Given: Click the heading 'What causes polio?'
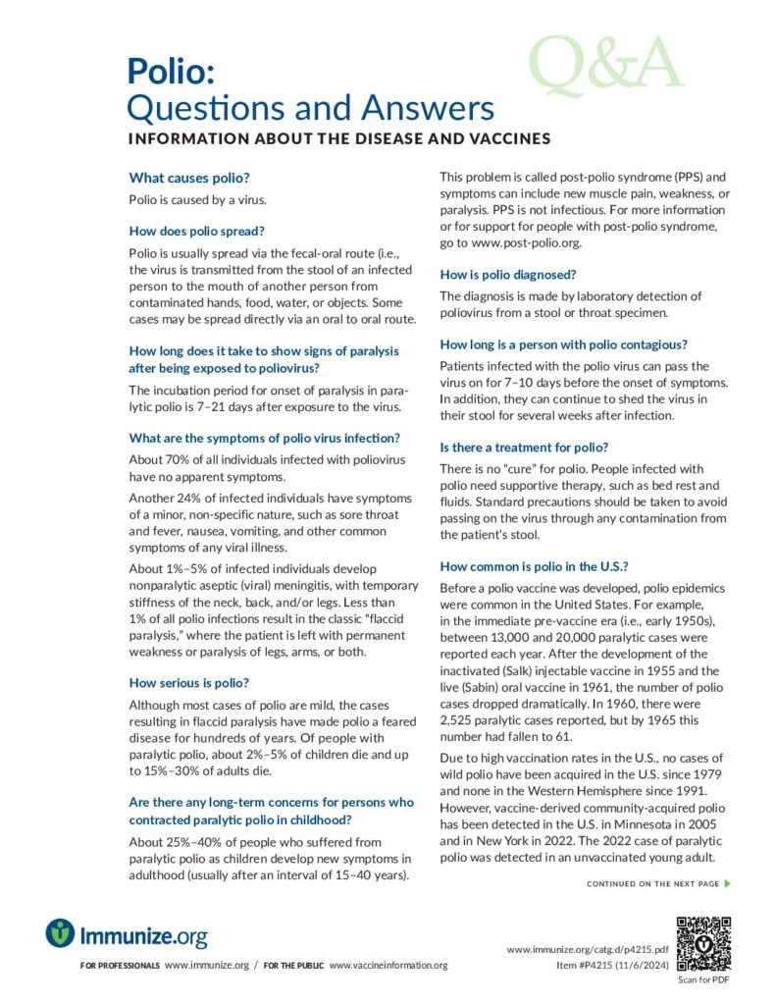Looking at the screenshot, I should tap(189, 178).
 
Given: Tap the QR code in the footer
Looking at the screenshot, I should tap(704, 945).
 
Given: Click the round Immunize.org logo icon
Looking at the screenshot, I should tap(60, 933).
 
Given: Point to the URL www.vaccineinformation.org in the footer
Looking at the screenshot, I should tap(388, 966).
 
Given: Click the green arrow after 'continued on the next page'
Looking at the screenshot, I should tap(727, 884).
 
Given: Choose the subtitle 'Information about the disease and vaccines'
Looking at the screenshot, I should tap(339, 139).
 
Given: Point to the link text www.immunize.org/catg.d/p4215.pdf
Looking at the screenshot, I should tap(588, 950).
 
